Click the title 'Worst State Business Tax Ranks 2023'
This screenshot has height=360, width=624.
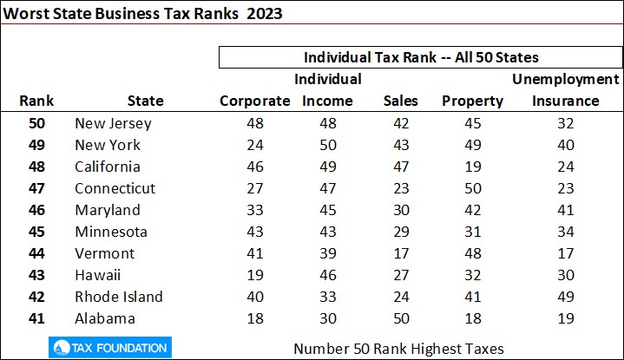[147, 15]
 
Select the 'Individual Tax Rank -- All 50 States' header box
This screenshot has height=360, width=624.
[421, 58]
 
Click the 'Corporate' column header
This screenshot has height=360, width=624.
[254, 101]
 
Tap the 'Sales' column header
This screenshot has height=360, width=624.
[400, 101]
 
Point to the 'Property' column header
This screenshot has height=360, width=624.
[472, 101]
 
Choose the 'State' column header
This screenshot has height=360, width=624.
[145, 101]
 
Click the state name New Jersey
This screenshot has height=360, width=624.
[113, 123]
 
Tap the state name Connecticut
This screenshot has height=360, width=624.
[115, 188]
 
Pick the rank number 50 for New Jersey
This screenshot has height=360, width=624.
[37, 123]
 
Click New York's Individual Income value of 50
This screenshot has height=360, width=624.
[327, 145]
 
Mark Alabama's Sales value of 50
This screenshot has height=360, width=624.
[400, 318]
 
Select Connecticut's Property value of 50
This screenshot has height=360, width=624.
[472, 188]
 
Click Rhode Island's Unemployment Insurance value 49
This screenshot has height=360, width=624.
[566, 297]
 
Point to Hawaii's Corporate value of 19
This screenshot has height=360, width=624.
[254, 275]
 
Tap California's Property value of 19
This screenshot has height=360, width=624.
[472, 167]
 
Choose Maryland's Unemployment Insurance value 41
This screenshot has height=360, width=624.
[566, 210]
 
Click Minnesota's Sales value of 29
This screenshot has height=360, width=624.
[400, 232]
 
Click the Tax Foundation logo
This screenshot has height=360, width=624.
[108, 348]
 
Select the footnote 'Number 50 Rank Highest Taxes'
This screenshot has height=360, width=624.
[398, 349]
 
